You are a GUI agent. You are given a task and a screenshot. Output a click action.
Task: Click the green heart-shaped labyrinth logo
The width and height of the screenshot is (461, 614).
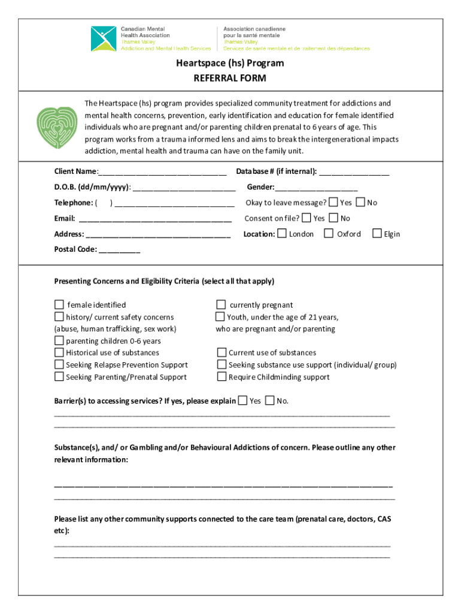click(x=57, y=127)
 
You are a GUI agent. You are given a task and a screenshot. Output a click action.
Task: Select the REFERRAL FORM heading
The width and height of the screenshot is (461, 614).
click(x=230, y=79)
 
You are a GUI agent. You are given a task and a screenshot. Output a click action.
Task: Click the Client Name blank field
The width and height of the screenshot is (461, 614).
click(x=162, y=171)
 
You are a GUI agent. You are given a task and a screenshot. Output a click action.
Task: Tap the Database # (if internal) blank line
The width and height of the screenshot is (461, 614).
click(x=354, y=171)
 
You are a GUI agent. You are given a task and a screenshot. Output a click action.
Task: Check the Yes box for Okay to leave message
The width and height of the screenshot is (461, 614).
click(x=333, y=202)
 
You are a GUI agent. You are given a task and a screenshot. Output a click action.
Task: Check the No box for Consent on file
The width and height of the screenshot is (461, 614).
click(x=334, y=218)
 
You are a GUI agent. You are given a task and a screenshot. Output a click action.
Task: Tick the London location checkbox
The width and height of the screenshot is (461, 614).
click(x=283, y=233)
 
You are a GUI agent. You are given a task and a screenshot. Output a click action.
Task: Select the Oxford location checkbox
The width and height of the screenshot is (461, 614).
click(x=329, y=233)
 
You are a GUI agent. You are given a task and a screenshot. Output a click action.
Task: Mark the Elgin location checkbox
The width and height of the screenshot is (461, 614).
click(x=377, y=233)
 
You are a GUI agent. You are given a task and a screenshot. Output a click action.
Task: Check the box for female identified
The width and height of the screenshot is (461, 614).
click(x=59, y=305)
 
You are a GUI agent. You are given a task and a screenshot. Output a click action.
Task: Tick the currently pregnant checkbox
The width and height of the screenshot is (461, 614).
click(x=221, y=305)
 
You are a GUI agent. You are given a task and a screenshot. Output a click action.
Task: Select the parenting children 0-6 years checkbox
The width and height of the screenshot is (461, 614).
click(x=59, y=341)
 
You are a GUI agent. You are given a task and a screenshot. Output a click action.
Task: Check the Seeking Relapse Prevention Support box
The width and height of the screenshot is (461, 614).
click(x=59, y=365)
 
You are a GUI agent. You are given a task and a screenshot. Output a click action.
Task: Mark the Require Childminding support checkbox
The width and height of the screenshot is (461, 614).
click(x=222, y=377)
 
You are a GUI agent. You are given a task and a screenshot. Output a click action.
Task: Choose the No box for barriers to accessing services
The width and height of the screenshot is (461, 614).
click(x=269, y=400)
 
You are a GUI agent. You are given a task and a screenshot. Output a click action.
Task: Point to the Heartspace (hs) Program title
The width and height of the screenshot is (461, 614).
click(x=230, y=63)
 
